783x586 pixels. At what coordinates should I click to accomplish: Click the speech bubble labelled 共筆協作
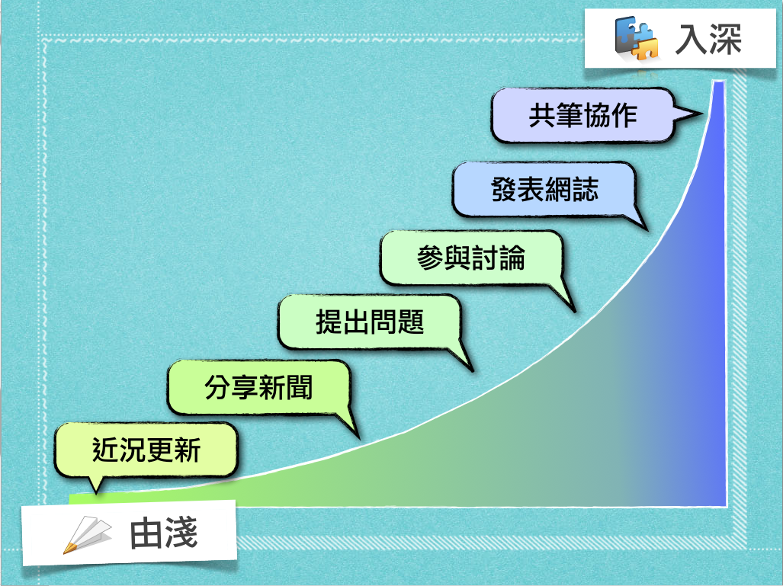[x=582, y=115]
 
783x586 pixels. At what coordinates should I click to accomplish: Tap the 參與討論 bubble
[x=471, y=258]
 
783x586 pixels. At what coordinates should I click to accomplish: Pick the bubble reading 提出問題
[x=369, y=322]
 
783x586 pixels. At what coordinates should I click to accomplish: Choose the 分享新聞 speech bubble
[x=258, y=387]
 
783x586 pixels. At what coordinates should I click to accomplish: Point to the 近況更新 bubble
[x=146, y=450]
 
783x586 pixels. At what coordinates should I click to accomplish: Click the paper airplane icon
[x=87, y=535]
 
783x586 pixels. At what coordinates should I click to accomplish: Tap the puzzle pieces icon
[x=636, y=38]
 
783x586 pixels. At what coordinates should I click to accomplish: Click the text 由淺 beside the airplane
[x=164, y=533]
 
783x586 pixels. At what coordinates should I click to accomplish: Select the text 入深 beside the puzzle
[x=708, y=39]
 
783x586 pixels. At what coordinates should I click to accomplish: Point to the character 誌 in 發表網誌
[x=586, y=190]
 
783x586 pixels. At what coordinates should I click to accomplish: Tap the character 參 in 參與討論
[x=431, y=258]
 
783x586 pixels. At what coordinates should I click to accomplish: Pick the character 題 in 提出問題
[x=411, y=322]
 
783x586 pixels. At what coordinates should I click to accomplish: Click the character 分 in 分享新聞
[x=218, y=387]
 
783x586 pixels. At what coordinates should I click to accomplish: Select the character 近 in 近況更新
[x=105, y=450]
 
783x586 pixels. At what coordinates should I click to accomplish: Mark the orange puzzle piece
[x=645, y=47]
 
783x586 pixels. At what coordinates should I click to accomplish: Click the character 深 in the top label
[x=725, y=39]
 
